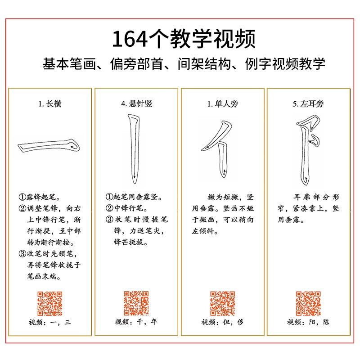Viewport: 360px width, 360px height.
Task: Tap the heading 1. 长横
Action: [49, 104]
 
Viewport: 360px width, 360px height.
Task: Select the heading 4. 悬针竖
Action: [136, 104]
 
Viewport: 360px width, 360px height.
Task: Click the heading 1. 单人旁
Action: [223, 104]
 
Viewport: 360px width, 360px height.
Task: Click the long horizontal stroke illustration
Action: [49, 147]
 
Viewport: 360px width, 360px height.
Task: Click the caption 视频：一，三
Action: [50, 322]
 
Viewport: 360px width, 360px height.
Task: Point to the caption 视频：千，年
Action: [136, 322]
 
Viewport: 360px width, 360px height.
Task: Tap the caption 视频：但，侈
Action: [222, 322]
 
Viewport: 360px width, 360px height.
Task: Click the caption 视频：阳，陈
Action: [308, 322]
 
